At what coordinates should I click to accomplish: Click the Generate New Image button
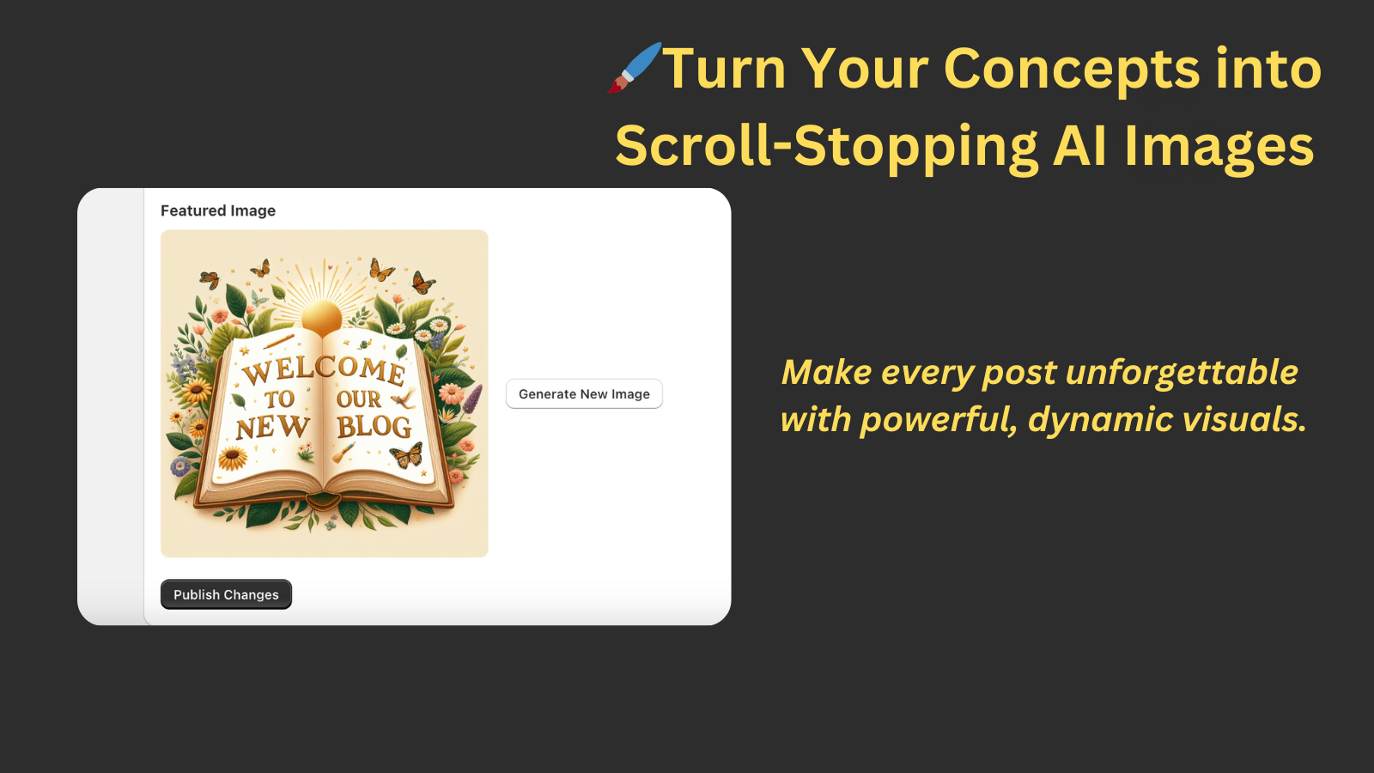[x=584, y=394]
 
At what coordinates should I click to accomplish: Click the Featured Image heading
[x=218, y=210]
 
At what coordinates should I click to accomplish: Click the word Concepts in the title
[x=1071, y=69]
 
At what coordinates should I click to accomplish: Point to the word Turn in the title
[x=725, y=69]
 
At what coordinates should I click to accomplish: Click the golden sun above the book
[x=322, y=317]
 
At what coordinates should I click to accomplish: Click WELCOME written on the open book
[x=324, y=369]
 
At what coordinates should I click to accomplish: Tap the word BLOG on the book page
[x=374, y=426]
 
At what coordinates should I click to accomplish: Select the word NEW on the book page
[x=272, y=427]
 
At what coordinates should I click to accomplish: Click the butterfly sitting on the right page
[x=407, y=453]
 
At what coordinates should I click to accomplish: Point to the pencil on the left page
[x=279, y=341]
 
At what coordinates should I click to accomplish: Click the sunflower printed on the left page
[x=233, y=459]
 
